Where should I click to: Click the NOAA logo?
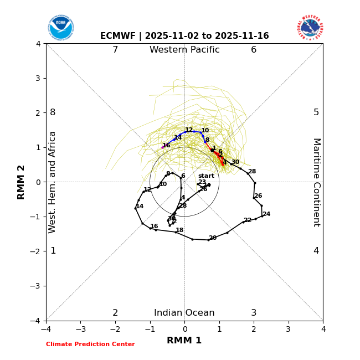click(61, 28)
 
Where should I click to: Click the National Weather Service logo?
click(310, 28)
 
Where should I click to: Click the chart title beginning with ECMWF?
click(184, 36)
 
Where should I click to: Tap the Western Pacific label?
click(184, 50)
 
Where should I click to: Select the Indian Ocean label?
click(184, 313)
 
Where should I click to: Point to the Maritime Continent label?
click(316, 182)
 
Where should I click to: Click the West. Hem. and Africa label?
click(53, 182)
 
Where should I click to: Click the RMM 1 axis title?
click(184, 341)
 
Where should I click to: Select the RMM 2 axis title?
click(22, 182)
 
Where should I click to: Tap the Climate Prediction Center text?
click(90, 344)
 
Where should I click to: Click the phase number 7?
click(115, 50)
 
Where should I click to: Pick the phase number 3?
click(254, 313)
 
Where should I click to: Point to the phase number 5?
click(316, 112)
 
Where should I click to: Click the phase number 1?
click(53, 251)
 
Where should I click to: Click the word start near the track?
click(206, 176)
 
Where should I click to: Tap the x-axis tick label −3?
click(80, 329)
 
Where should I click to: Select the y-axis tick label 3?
click(38, 78)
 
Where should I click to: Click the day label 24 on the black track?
click(266, 214)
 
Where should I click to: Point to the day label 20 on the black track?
click(213, 238)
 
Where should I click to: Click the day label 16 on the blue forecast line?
click(166, 146)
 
